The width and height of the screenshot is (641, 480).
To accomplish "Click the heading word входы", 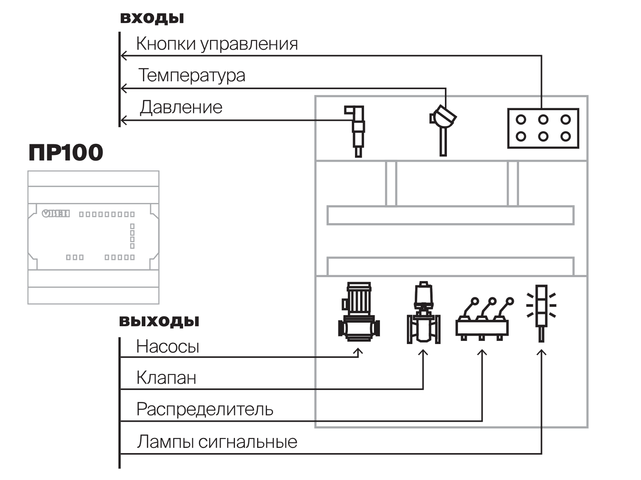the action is pos(152,18).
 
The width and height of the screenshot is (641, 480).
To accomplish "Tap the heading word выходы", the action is pos(159,321).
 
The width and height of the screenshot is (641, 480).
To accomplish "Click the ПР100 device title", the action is pos(66,152).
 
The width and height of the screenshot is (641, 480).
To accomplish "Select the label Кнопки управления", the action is pos(217,44).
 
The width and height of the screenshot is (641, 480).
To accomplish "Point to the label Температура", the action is pos(192,75).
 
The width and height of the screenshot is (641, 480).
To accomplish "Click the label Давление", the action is pos(181,107).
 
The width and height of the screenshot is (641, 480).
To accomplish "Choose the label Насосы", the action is pos(168,346).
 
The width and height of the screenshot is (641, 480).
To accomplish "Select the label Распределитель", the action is pos(205,409).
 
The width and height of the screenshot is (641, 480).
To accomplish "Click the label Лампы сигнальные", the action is pos(217,441).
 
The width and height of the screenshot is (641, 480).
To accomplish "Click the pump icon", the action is pos(359,312).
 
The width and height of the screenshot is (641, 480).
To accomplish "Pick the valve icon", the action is pos(424,312).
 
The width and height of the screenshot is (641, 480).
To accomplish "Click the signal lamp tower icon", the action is pos(541,313).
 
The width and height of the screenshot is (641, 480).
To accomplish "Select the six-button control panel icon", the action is pos(543,128).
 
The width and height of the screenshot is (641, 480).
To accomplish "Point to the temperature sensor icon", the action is pos(443,130).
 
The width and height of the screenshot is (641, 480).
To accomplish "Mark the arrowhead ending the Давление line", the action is pos(123,120).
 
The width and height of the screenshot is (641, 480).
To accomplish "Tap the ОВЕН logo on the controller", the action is pos(56,214).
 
